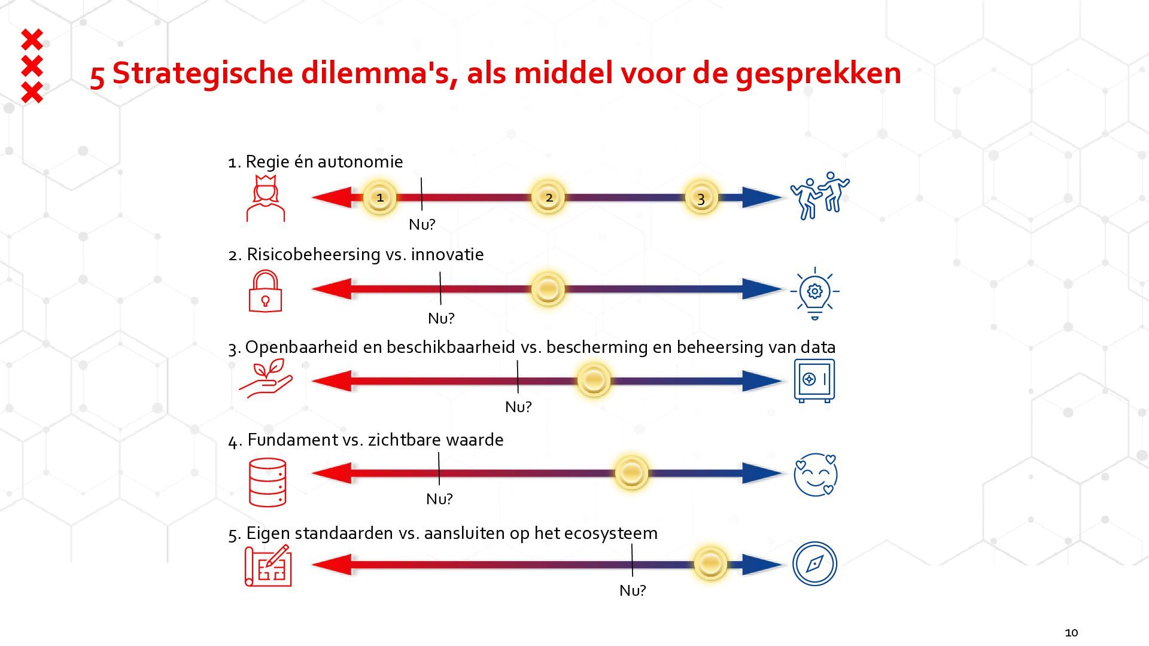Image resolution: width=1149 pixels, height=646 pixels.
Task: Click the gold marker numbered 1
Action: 380,197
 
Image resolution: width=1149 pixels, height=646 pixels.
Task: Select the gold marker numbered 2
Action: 548,197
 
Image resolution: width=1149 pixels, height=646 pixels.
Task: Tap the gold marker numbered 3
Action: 701,197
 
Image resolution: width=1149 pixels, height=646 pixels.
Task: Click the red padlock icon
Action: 265,291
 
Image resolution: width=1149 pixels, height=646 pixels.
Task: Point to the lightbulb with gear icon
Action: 814,293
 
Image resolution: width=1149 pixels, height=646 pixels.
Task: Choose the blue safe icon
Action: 814,381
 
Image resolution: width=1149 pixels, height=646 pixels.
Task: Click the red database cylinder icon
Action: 268,482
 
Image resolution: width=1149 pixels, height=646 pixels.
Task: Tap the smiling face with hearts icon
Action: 815,475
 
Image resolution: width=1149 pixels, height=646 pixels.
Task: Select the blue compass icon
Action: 814,563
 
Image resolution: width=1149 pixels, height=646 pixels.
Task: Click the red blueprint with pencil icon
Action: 268,565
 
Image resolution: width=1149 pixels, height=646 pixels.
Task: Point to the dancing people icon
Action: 819,196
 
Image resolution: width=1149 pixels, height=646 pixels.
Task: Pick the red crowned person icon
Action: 266,199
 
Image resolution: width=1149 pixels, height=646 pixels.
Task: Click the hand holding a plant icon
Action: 266,378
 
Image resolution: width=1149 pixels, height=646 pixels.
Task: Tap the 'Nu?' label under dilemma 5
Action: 633,590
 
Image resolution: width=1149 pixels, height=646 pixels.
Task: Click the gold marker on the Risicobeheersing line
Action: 548,290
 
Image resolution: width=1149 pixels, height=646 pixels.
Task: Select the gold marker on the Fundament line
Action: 631,473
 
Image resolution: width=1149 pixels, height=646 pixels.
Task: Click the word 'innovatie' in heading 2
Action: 447,254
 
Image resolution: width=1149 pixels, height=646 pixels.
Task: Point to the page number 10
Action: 1071,632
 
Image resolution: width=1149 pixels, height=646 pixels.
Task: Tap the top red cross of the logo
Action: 32,40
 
